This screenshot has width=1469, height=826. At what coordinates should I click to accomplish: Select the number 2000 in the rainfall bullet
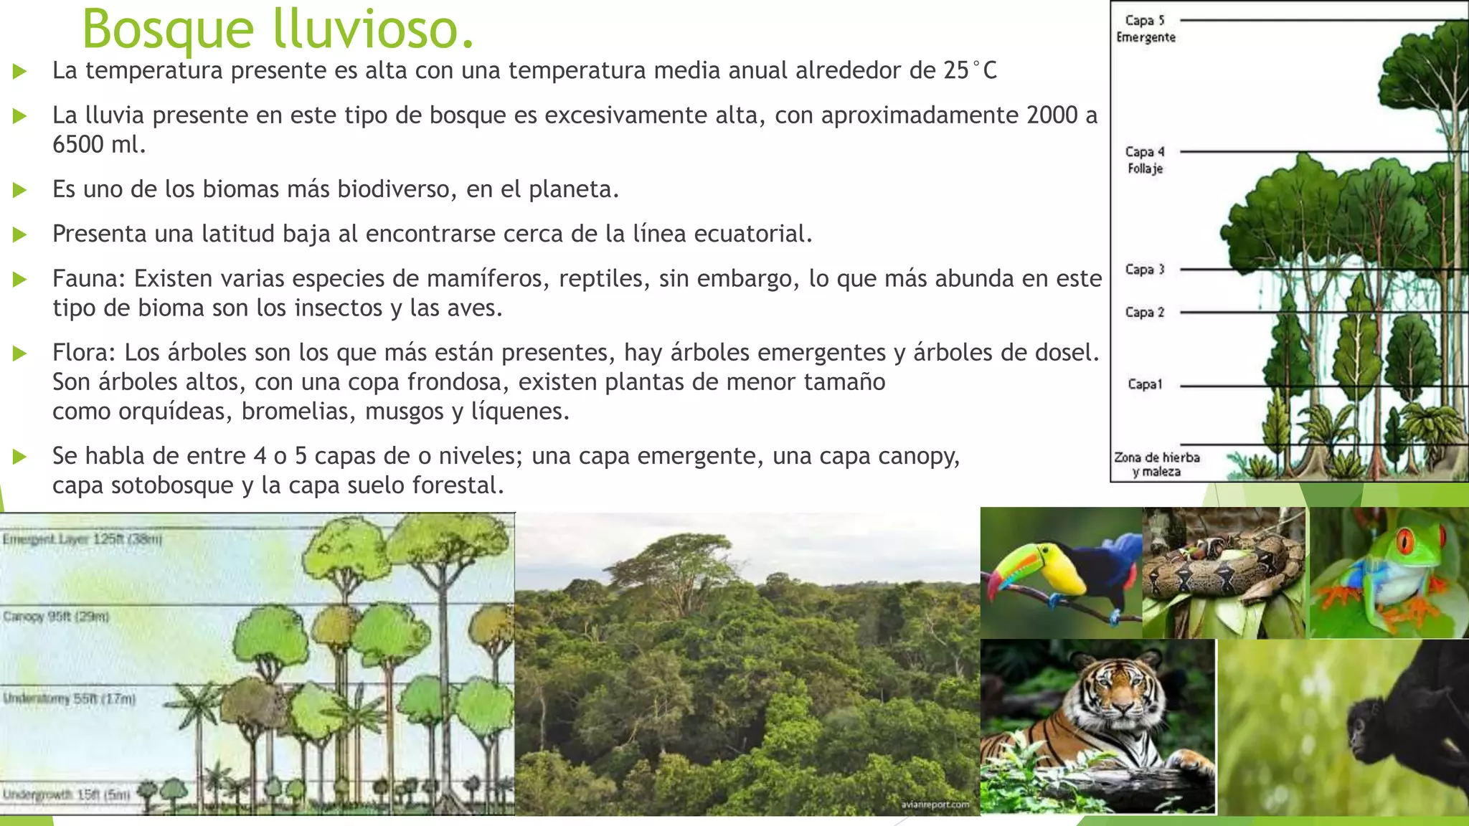pos(1052,115)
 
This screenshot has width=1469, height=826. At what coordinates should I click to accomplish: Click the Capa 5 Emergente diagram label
pos(1146,29)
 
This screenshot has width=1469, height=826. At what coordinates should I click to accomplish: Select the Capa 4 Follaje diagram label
pos(1145,160)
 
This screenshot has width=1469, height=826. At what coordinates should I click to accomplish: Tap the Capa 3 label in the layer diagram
pos(1145,270)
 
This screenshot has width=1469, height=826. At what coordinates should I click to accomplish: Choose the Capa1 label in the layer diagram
pos(1145,384)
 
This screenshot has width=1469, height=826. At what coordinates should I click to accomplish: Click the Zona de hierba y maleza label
pos(1156,464)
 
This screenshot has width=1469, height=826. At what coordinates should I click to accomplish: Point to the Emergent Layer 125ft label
pos(82,539)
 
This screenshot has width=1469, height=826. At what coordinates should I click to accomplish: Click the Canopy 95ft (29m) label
pos(56,617)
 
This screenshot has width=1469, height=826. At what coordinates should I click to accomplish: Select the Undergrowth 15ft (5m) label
pos(67,794)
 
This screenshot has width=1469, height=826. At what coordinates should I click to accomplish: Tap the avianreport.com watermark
pos(935,804)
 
